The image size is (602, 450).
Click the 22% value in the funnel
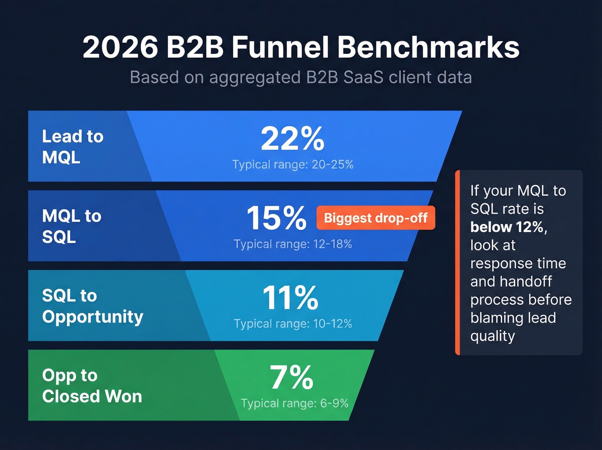tap(292, 139)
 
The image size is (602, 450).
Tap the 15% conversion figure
tap(276, 218)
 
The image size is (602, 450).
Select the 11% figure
tap(291, 298)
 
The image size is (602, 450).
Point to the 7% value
tap(292, 377)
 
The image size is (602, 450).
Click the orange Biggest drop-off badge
tap(375, 218)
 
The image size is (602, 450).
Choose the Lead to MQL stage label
tap(73, 147)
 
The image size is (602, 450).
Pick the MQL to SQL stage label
tap(71, 226)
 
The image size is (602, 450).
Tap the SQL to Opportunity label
tap(92, 306)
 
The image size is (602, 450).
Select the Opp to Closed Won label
tap(92, 385)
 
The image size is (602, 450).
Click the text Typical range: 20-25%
tap(293, 164)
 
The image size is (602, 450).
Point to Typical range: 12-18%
tap(293, 244)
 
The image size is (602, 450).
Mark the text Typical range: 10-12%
tap(293, 324)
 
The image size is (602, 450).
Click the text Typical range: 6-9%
tap(295, 403)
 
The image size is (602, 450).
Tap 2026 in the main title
tap(120, 47)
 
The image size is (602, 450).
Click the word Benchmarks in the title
tap(428, 47)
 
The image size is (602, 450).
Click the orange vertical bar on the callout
tap(458, 263)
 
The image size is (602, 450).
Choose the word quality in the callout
tap(492, 336)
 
